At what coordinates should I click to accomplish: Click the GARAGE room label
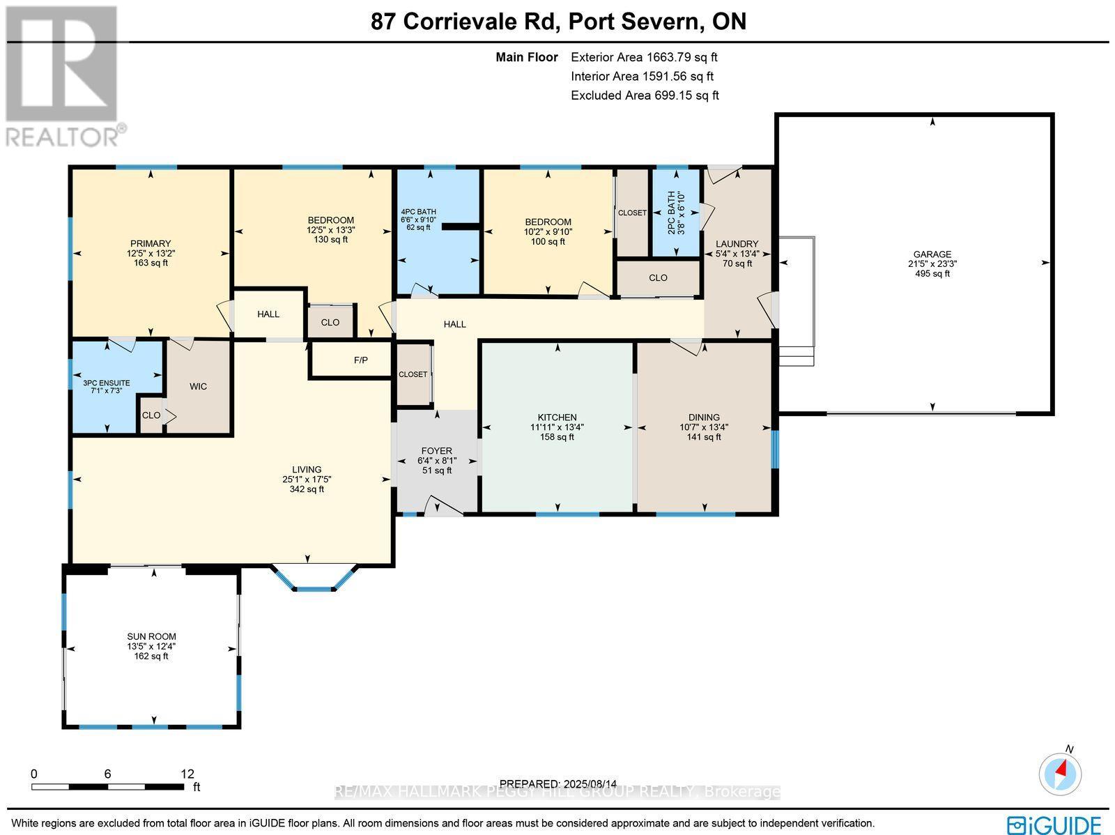[932, 254]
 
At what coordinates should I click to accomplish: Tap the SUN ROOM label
[151, 636]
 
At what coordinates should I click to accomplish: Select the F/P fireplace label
[360, 360]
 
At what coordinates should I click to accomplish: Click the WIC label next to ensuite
[198, 386]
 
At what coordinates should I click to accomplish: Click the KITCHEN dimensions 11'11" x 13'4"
[557, 427]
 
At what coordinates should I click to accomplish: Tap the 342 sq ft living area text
[307, 489]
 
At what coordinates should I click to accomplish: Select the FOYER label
[436, 451]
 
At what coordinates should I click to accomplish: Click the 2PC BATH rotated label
[672, 212]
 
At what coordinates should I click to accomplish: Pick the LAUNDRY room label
[737, 244]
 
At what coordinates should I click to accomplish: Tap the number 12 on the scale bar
[187, 774]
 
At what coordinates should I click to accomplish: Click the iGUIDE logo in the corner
[1054, 825]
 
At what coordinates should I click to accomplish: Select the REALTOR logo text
[66, 136]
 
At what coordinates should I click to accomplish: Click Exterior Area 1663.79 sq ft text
[644, 57]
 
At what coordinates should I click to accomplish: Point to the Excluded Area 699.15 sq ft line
[645, 95]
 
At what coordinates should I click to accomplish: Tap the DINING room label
[704, 417]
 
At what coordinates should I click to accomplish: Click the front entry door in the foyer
[443, 505]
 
